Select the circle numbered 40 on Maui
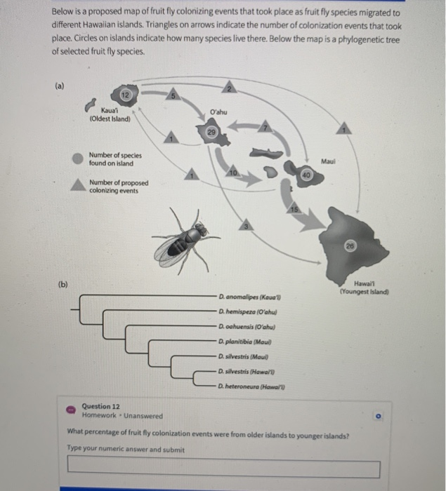[x=307, y=173]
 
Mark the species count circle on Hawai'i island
[x=370, y=246]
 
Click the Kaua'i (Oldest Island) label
[x=110, y=114]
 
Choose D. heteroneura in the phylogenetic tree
[x=255, y=386]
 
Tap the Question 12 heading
[x=100, y=405]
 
